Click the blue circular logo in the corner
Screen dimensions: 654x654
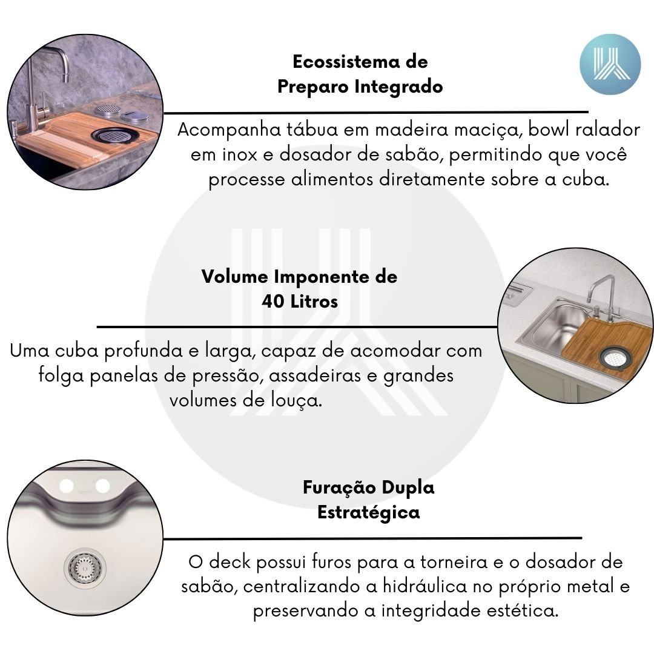pos(610,64)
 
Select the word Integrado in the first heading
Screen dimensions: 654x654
pos(398,87)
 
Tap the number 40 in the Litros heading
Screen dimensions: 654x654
pos(272,302)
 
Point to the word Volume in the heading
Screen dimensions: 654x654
pos(235,277)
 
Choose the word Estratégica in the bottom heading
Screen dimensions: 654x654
pos(369,513)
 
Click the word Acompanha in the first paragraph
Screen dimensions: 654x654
pos(229,130)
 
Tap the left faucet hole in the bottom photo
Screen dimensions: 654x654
pos(67,486)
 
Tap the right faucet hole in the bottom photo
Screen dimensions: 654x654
pos(102,486)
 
